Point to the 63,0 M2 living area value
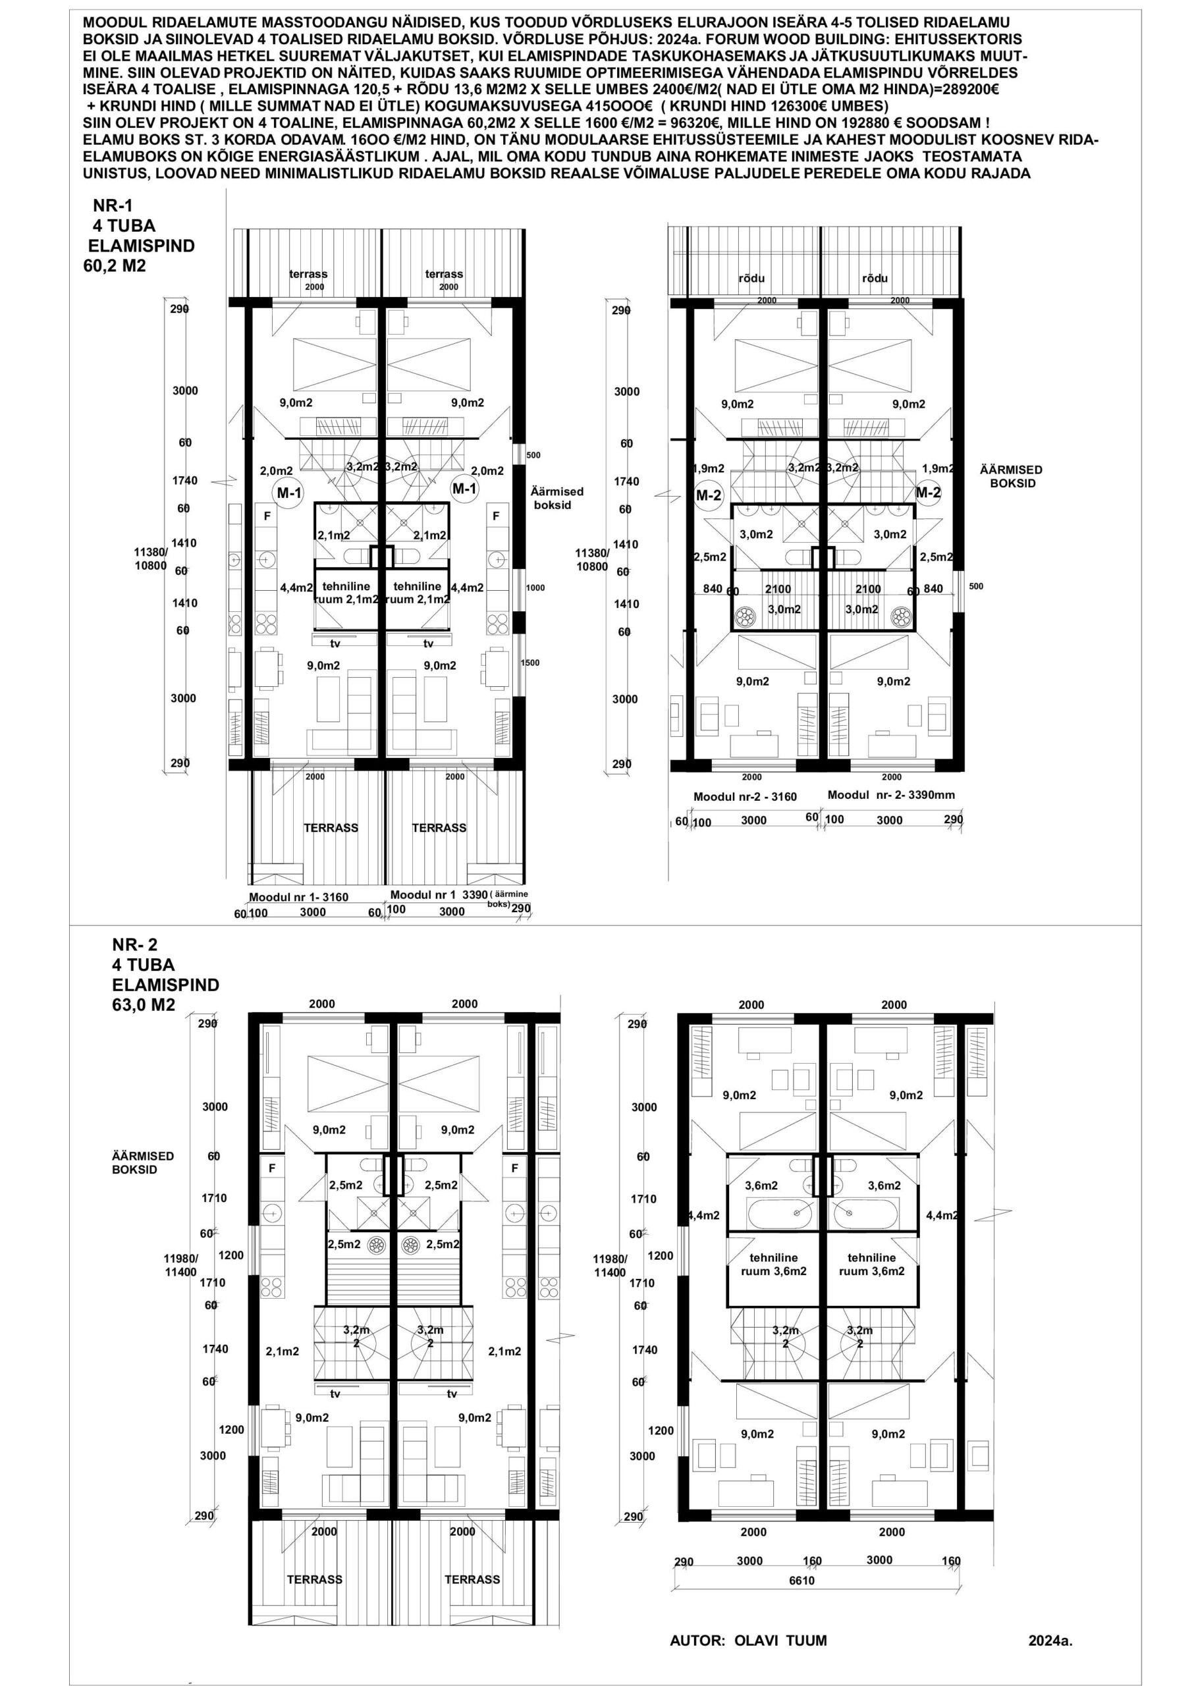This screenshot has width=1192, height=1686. point(144,1004)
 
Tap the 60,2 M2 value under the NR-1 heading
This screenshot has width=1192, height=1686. point(115,266)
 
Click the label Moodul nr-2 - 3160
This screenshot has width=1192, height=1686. point(745,797)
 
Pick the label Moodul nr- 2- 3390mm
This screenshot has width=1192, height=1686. point(891,794)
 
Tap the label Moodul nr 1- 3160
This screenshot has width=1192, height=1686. point(298,898)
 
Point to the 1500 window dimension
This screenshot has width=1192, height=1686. point(529,663)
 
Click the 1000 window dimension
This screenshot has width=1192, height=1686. point(535,587)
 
